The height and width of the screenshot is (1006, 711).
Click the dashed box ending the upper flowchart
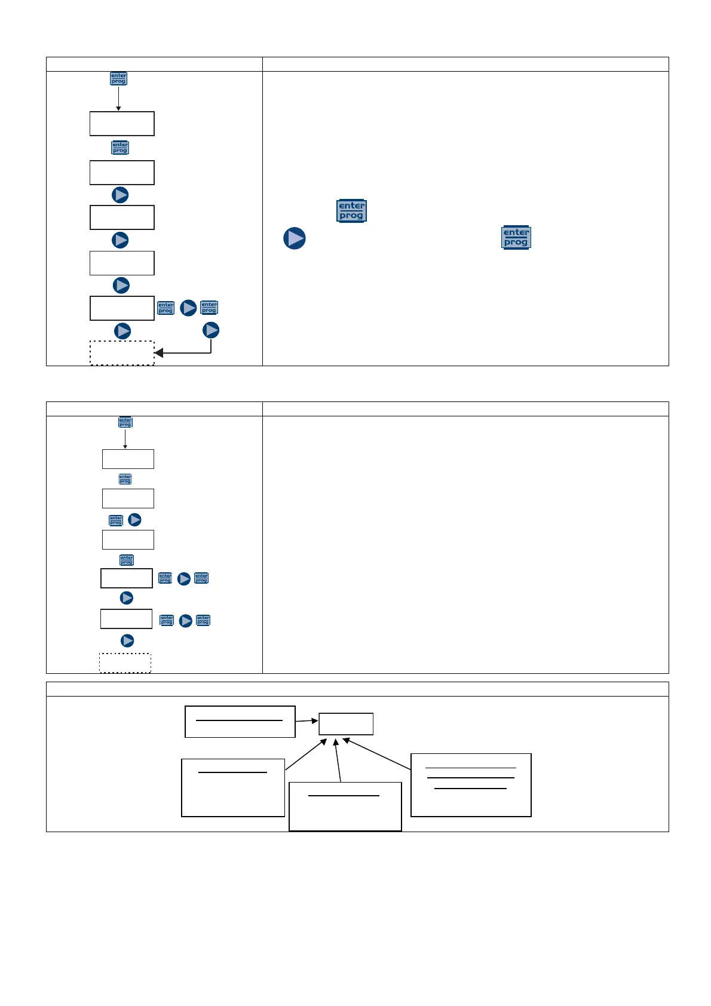122,353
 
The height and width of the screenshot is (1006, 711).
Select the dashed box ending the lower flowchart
125,663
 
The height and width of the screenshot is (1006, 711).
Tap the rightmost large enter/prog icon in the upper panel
516,238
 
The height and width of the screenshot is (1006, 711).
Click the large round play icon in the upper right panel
295,238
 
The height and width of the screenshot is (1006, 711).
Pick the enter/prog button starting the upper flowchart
118,78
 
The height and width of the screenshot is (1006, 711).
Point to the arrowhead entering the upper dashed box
159,353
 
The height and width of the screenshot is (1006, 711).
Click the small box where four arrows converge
346,724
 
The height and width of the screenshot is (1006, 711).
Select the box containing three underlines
471,785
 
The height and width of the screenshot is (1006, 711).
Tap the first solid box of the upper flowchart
122,124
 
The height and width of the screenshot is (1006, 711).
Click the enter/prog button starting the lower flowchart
125,422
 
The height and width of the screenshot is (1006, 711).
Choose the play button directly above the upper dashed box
122,331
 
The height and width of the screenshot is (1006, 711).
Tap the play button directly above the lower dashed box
127,640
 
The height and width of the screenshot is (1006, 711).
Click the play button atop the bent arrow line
211,330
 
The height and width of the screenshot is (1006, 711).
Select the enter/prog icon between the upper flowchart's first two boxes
120,148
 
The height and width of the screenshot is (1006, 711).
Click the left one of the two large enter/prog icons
351,211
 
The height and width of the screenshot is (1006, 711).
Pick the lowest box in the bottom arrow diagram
345,806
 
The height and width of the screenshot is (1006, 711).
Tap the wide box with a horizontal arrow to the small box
240,722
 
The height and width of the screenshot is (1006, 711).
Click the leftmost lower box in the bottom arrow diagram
233,787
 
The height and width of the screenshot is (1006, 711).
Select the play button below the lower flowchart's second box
135,520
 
